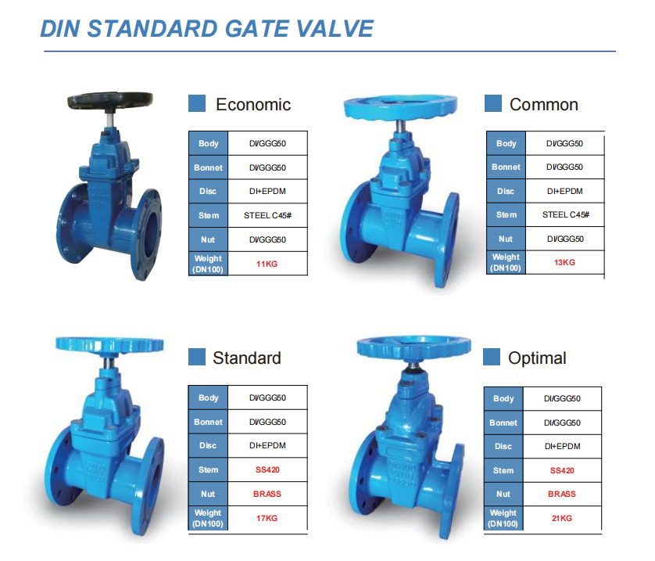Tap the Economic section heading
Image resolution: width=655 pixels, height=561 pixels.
253,105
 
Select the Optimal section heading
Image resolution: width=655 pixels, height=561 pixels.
537,358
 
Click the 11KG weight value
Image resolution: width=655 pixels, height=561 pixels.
267,264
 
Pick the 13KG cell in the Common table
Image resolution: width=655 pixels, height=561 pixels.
564,263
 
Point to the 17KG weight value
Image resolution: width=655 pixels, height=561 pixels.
267,519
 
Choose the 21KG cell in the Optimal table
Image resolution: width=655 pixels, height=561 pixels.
562,519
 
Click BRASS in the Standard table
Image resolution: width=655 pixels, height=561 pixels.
267,494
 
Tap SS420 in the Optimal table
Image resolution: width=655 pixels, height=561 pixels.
562,471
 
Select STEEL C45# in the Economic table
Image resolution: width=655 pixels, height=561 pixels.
268,215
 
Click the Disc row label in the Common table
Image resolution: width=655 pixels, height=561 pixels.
506,191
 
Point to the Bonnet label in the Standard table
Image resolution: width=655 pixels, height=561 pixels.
208,422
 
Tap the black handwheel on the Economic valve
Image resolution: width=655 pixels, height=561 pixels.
110,100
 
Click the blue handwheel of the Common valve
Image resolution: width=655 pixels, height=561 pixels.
400,107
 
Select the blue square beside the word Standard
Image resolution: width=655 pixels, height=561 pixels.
197,357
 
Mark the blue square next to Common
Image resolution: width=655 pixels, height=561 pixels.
493,103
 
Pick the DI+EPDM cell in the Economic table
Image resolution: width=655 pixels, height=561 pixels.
268,192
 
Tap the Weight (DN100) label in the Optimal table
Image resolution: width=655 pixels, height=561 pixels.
503,519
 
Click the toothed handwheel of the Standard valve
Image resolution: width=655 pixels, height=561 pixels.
109,345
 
